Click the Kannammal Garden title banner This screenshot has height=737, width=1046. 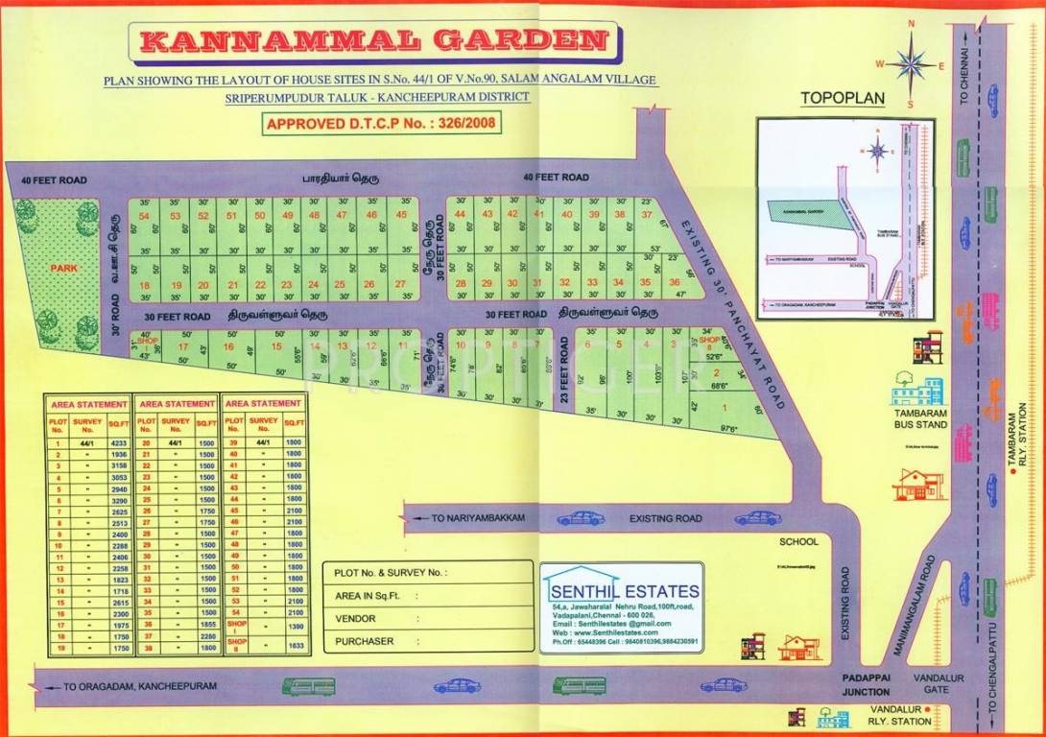(x=374, y=41)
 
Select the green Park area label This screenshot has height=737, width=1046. (x=64, y=269)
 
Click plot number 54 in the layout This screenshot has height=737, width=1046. (x=144, y=216)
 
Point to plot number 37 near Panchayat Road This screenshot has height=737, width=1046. (x=645, y=215)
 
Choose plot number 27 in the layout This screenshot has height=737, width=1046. (x=400, y=284)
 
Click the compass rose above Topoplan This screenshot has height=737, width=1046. (x=910, y=63)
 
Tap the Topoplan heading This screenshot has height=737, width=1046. (x=843, y=99)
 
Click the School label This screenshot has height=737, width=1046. (x=798, y=541)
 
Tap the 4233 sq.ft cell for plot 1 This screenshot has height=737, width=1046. (x=119, y=443)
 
